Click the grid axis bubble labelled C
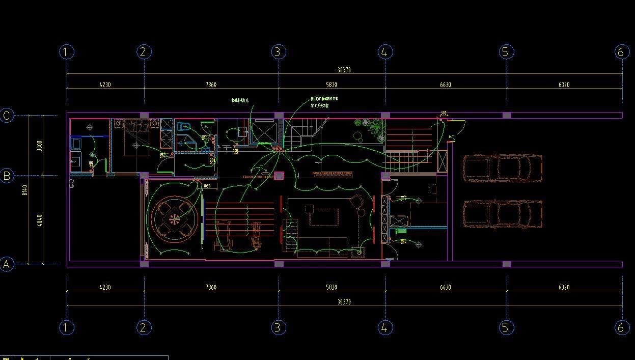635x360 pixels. click(x=7, y=116)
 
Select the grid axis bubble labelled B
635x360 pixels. click(x=7, y=176)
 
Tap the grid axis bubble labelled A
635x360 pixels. click(x=7, y=264)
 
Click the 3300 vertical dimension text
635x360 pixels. click(x=40, y=146)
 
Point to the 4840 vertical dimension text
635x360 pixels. click(x=40, y=220)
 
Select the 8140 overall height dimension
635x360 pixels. click(x=25, y=190)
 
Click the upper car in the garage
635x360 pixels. click(x=502, y=167)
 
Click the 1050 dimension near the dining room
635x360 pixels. click(x=207, y=186)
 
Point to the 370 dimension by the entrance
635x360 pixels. click(x=443, y=114)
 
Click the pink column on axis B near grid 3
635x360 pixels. click(x=279, y=176)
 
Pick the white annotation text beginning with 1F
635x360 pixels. click(x=320, y=105)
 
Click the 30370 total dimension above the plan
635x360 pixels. click(x=344, y=70)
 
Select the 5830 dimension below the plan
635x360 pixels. click(x=331, y=288)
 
